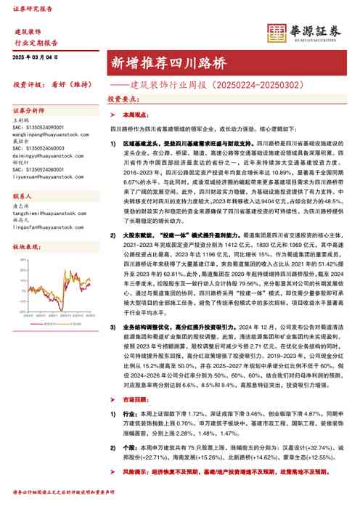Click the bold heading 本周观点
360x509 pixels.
(135, 115)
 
